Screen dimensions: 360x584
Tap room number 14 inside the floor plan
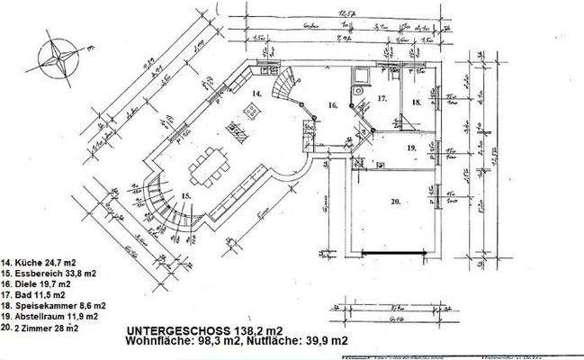[256, 92]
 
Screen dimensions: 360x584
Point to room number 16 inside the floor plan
[332, 105]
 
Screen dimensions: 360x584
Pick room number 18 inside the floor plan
[416, 103]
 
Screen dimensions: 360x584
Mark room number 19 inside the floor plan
[410, 147]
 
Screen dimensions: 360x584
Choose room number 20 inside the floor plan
[395, 201]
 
